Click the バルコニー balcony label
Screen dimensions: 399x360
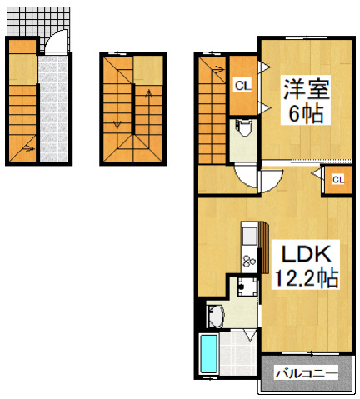tap(306, 374)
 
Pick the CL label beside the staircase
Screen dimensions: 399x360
tap(242, 84)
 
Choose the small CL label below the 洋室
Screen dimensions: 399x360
tap(338, 179)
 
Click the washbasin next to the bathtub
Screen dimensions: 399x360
tap(216, 317)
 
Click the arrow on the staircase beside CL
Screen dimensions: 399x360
tap(215, 71)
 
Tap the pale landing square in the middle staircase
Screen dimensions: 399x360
tap(148, 68)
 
